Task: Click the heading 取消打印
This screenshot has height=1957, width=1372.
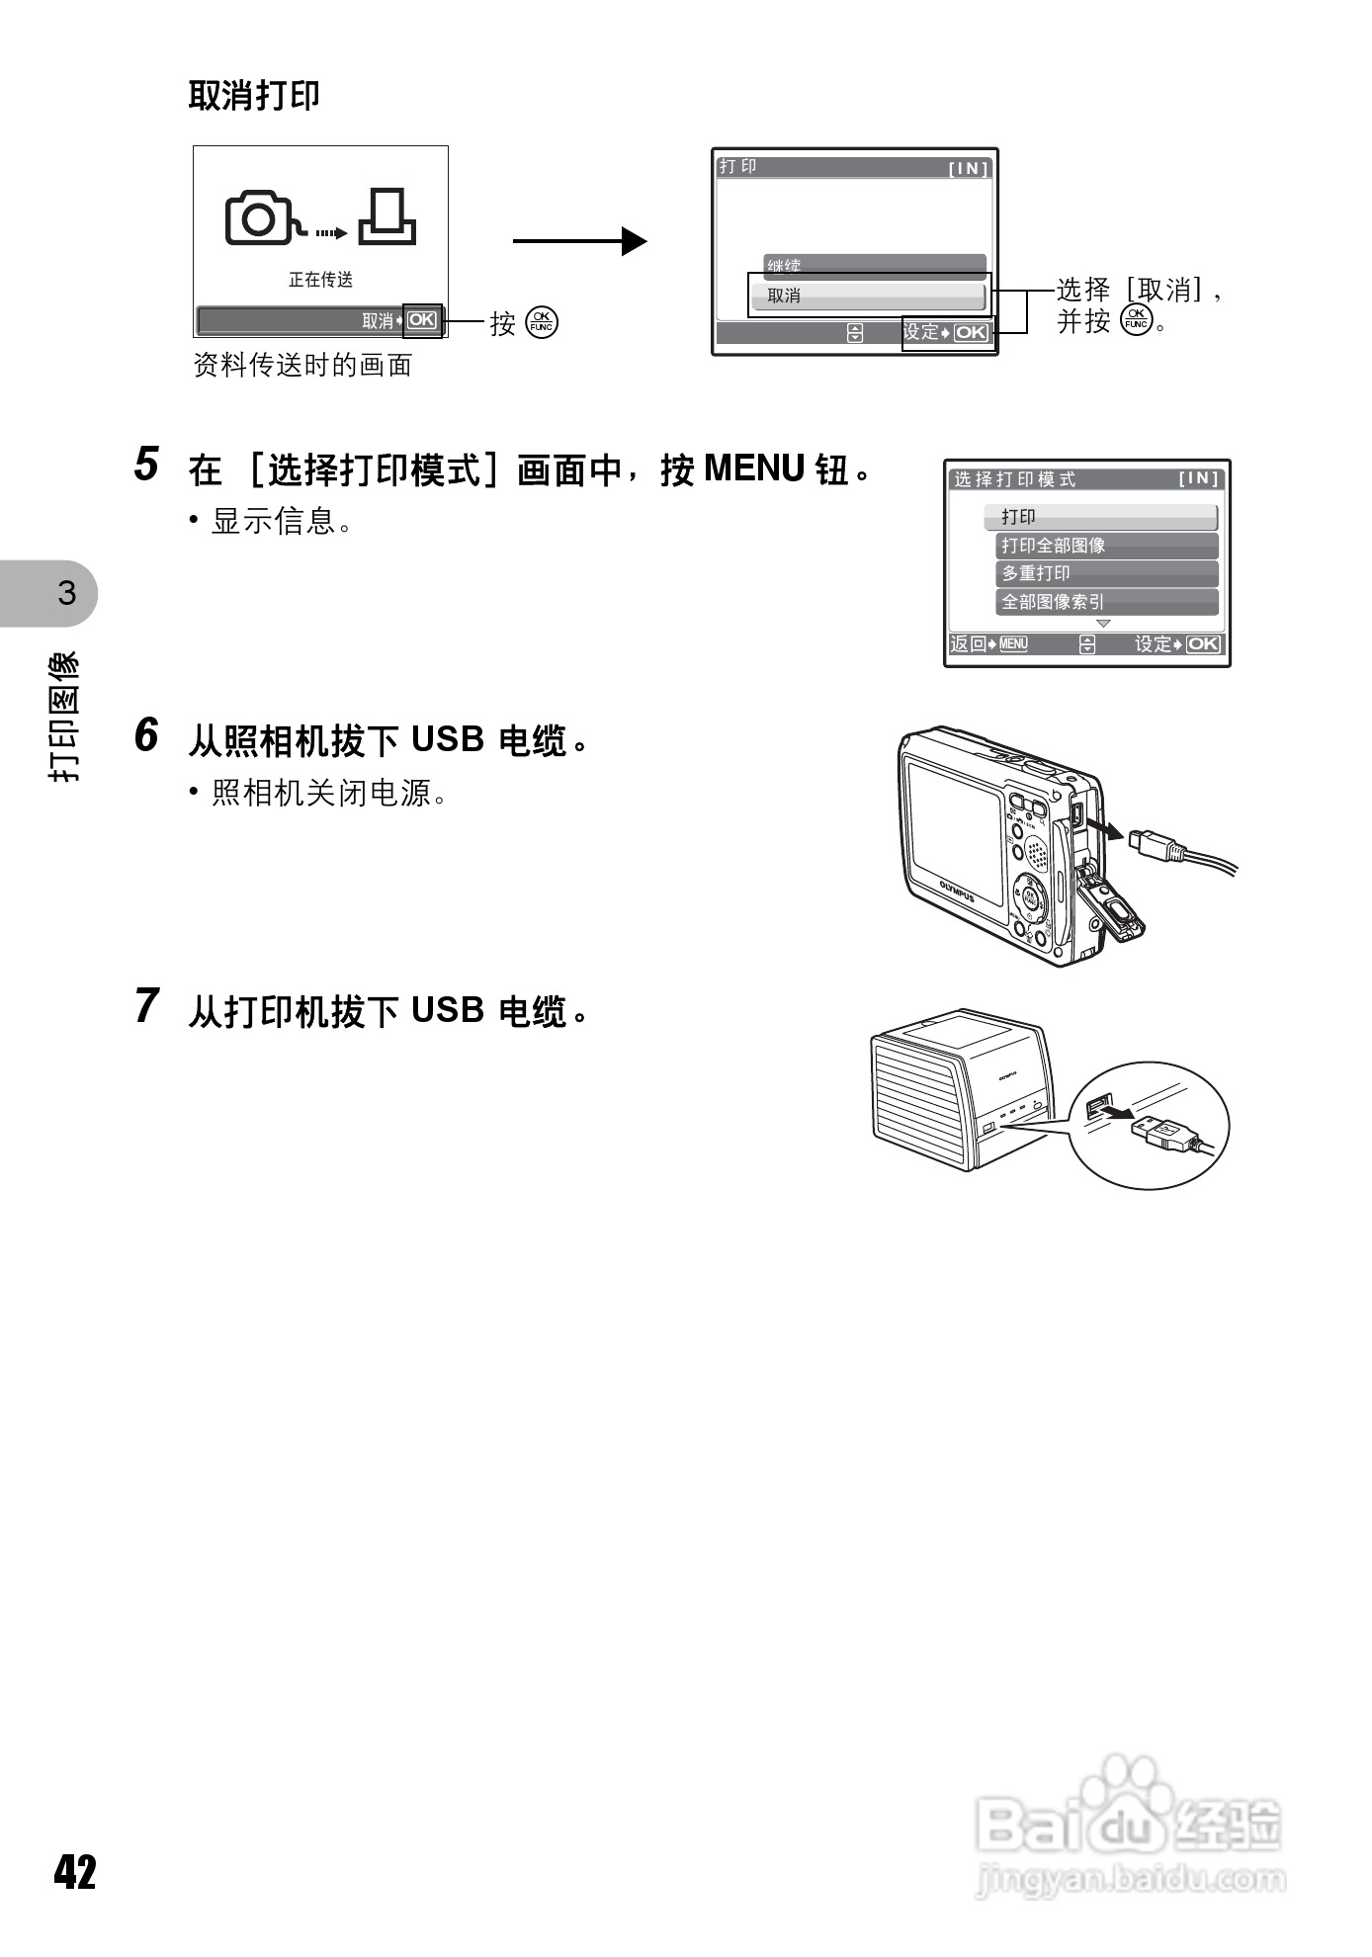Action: [254, 96]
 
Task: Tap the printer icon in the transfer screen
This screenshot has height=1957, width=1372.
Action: [386, 217]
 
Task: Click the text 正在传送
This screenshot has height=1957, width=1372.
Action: [320, 280]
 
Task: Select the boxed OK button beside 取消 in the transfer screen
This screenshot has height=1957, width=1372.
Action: [422, 320]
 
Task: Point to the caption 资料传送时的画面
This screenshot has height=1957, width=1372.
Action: [302, 366]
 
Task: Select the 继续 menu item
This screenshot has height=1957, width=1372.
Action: [874, 265]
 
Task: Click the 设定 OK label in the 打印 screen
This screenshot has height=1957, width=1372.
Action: [946, 333]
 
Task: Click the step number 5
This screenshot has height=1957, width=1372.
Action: [146, 465]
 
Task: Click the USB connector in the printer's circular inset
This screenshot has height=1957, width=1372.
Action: [1164, 1131]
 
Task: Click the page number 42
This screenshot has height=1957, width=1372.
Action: [76, 1872]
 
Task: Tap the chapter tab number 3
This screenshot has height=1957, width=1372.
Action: [66, 593]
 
